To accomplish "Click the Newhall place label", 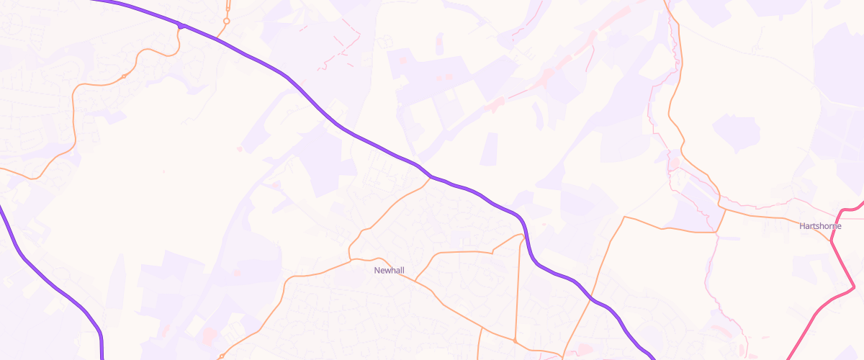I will [x=390, y=271].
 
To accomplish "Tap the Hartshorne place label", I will [x=820, y=226].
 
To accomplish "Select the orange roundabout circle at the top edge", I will [x=226, y=22].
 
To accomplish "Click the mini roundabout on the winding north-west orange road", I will [x=124, y=76].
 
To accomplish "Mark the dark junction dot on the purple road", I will [x=181, y=27].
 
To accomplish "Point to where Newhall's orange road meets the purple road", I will [x=431, y=176].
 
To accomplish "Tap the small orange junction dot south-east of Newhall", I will [x=516, y=340].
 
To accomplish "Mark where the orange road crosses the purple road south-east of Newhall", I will [x=592, y=297].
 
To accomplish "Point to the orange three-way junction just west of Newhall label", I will [x=350, y=258].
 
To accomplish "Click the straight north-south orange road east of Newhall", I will [x=518, y=288].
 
